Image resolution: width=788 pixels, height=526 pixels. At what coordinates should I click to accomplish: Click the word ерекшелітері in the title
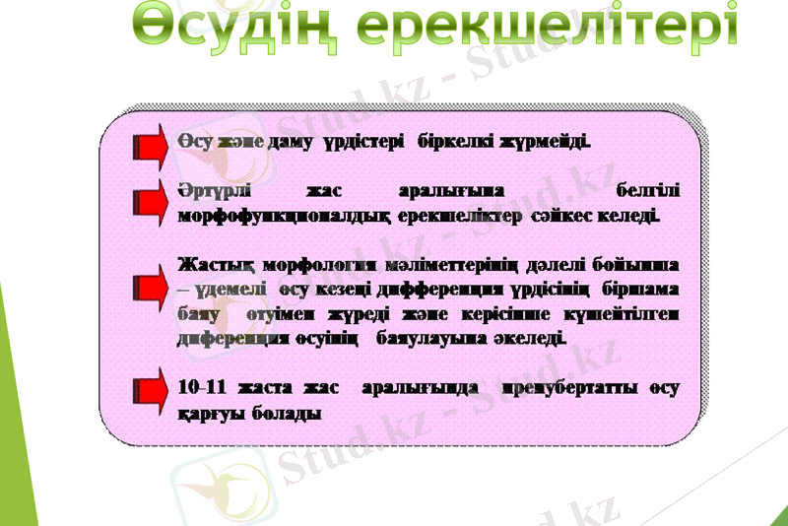tap(558, 28)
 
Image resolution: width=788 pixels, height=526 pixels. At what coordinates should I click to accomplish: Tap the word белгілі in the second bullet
tap(646, 187)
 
